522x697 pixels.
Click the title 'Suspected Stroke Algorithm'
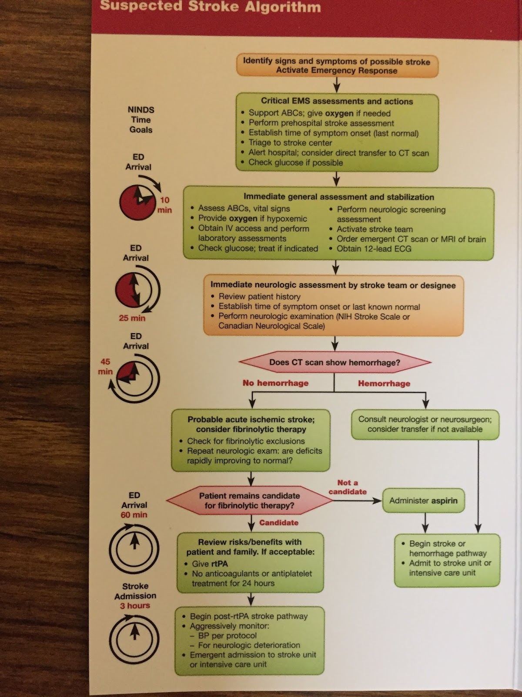point(211,7)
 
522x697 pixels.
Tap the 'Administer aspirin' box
point(423,501)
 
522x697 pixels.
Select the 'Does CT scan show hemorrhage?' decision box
point(335,362)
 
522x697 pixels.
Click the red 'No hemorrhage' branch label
point(275,383)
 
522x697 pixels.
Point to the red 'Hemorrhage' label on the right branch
point(384,383)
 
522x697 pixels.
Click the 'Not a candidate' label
point(348,487)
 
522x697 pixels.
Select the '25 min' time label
point(132,318)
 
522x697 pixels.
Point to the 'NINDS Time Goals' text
point(141,120)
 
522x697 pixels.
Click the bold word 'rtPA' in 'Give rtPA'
point(219,564)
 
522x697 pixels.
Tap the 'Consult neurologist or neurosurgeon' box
point(425,424)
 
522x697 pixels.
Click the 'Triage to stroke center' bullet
point(290,143)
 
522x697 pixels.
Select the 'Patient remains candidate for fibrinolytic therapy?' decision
point(249,501)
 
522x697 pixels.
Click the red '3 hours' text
point(135,606)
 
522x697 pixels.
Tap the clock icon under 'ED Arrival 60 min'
point(134,547)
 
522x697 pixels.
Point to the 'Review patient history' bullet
point(260,297)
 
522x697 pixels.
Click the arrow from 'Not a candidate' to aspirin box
point(357,501)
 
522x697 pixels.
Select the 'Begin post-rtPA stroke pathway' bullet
point(249,616)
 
